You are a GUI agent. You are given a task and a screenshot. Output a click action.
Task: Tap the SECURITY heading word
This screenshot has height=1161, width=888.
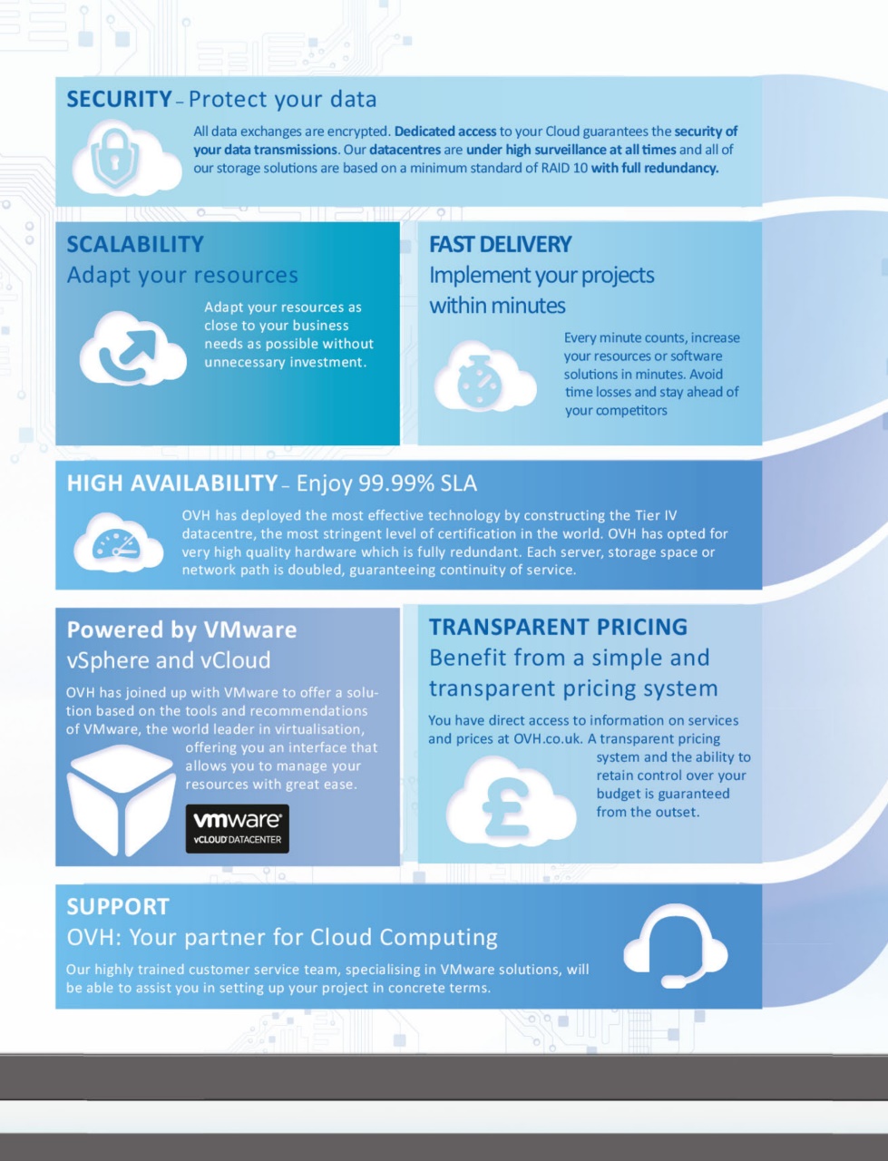coord(119,99)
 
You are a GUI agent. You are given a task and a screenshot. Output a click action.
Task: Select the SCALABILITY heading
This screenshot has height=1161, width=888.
coord(135,244)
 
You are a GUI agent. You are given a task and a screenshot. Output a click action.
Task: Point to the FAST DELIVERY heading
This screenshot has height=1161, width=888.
coord(500,244)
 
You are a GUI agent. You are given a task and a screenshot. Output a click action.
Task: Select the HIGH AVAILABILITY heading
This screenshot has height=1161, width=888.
coord(171,483)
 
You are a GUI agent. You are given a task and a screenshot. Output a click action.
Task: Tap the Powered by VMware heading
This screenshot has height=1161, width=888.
coord(181,629)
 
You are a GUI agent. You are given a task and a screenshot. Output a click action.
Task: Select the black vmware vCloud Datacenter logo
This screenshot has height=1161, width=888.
coord(237,828)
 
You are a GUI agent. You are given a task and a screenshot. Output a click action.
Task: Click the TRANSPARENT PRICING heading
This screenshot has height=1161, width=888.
coord(558,627)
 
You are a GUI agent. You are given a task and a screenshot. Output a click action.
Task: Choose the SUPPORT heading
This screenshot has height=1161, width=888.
coord(118,906)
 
